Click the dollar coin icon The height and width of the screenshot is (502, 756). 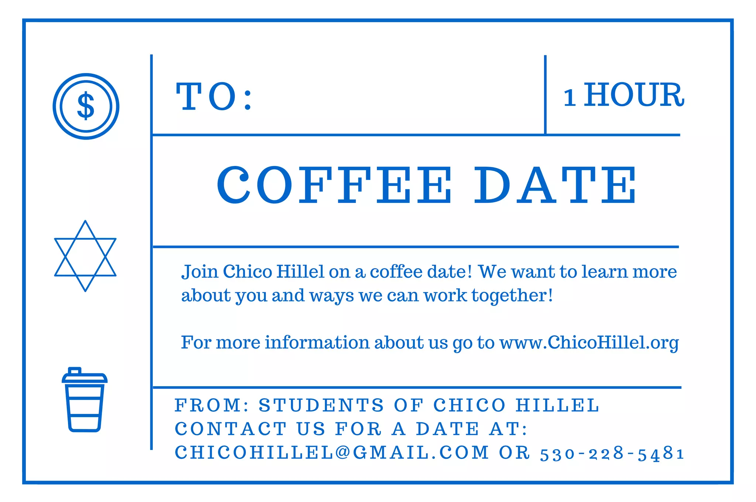click(x=86, y=106)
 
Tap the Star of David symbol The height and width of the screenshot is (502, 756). click(x=85, y=256)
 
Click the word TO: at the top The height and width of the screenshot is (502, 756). click(x=214, y=97)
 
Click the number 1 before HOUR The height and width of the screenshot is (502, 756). click(x=570, y=98)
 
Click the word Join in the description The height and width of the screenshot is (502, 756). click(x=200, y=272)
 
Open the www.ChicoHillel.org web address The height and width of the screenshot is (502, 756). click(x=589, y=343)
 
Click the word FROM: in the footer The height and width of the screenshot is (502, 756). click(x=212, y=405)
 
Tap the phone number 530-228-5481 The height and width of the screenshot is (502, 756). click(x=612, y=454)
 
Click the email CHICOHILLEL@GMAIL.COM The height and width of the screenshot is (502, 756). click(x=331, y=453)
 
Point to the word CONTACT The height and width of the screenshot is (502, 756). click(x=231, y=429)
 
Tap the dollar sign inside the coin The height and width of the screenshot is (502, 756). click(x=86, y=106)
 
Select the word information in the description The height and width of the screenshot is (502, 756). click(x=317, y=343)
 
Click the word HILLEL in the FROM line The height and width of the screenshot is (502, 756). click(x=557, y=405)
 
